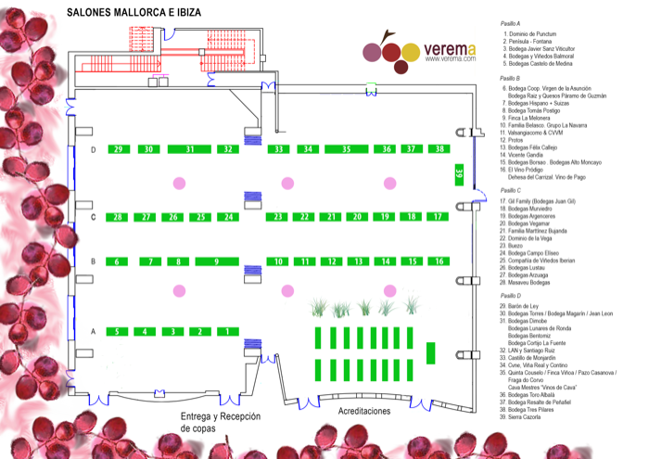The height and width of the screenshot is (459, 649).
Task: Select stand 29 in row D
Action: pyautogui.click(x=117, y=149)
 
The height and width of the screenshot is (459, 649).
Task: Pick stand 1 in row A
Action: pyautogui.click(x=227, y=331)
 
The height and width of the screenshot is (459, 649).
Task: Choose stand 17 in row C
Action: pyautogui.click(x=438, y=217)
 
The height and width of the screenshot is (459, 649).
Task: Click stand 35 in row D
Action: pyautogui.click(x=345, y=149)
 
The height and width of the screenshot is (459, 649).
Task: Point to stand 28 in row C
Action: pyautogui.click(x=117, y=217)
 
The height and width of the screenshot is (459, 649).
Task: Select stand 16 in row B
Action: pyautogui.click(x=439, y=262)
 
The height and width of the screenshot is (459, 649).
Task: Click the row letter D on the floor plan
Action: pyautogui.click(x=93, y=149)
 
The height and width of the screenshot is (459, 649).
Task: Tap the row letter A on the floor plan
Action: pyautogui.click(x=93, y=331)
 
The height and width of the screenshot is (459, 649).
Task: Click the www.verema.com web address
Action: pyautogui.click(x=451, y=59)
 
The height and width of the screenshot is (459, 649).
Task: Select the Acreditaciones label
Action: pyautogui.click(x=364, y=411)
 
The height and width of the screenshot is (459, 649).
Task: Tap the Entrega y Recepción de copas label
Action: pyautogui.click(x=221, y=423)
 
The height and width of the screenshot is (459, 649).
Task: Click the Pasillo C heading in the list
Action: pyautogui.click(x=511, y=189)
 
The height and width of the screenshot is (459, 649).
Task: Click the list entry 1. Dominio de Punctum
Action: pyautogui.click(x=533, y=33)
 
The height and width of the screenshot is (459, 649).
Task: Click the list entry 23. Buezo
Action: pyautogui.click(x=516, y=246)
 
